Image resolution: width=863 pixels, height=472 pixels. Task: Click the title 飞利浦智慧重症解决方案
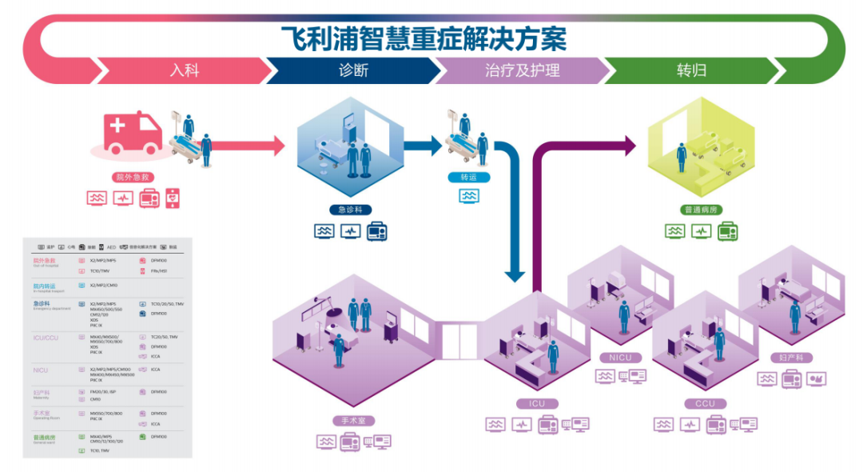click(x=424, y=38)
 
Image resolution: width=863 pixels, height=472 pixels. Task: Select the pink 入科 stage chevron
click(x=184, y=70)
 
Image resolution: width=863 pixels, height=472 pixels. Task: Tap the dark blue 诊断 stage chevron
click(x=353, y=70)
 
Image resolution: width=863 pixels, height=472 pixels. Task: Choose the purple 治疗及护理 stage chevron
click(x=522, y=70)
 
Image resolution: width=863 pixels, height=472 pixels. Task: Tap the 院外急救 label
click(x=133, y=177)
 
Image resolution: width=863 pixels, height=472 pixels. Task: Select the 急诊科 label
click(x=349, y=210)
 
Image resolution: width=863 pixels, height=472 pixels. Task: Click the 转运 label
click(x=469, y=177)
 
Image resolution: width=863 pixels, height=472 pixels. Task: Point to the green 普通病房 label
click(x=703, y=210)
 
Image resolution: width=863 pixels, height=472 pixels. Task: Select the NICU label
click(x=621, y=358)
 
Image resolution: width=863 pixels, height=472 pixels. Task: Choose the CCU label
click(x=706, y=404)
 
